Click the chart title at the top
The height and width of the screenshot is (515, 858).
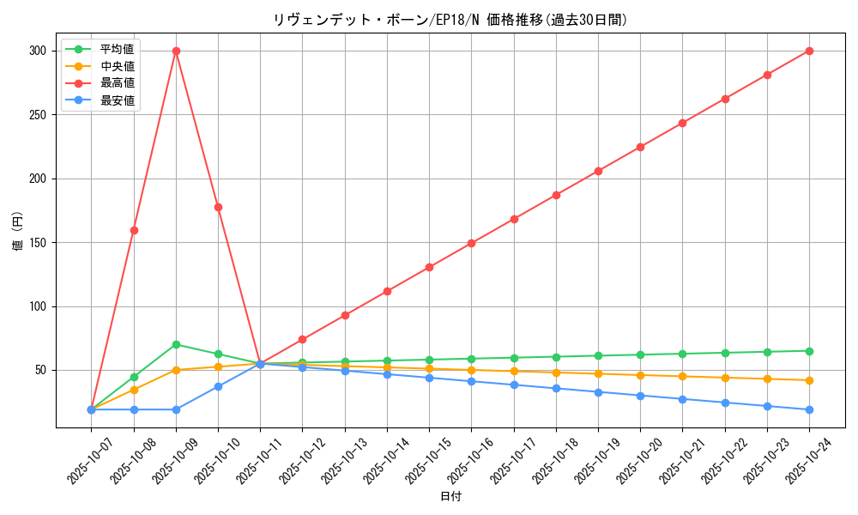point(450,20)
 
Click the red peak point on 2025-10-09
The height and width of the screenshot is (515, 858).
point(176,51)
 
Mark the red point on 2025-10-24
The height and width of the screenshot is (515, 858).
point(809,51)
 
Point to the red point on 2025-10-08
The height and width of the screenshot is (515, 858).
point(134,230)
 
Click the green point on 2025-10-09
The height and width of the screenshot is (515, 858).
point(176,344)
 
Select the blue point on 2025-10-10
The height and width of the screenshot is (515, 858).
point(218,386)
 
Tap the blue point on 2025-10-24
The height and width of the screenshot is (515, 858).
point(809,409)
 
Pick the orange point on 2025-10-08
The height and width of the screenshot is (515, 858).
point(134,390)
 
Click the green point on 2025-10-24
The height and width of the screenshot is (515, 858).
point(809,351)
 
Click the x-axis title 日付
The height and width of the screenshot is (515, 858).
point(450,497)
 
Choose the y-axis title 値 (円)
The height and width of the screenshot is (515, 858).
point(18,232)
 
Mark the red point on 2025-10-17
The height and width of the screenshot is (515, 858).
point(514,219)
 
